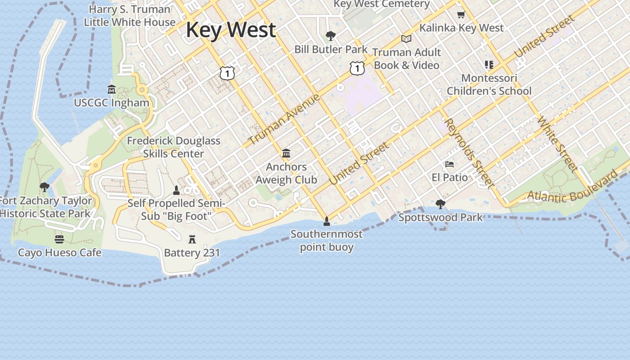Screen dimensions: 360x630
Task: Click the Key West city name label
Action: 230,30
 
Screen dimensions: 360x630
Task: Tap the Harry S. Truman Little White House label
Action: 130,16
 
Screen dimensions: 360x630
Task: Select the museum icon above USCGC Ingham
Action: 112,90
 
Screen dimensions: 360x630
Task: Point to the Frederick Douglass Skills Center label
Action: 174,147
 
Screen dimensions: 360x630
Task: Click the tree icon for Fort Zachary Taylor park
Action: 44,187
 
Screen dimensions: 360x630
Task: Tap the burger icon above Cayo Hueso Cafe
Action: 59,239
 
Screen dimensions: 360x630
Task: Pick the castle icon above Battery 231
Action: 192,238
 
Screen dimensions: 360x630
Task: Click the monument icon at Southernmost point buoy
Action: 327,221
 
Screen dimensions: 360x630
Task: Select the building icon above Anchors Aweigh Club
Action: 286,153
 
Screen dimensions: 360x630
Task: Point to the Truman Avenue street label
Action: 284,119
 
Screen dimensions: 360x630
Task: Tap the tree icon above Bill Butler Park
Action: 331,36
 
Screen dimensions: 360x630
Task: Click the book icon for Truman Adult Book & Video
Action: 406,39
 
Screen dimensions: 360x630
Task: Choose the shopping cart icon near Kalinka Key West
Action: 461,15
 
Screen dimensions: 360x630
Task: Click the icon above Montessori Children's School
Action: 489,65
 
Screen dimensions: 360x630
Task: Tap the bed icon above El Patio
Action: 450,164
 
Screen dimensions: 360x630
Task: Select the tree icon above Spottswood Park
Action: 441,204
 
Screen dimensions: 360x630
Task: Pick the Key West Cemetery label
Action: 382,4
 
